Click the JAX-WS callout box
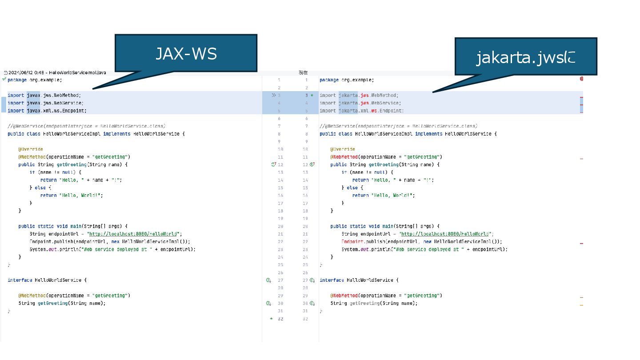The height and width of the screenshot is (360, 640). point(186,53)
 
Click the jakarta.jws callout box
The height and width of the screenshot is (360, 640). point(525,57)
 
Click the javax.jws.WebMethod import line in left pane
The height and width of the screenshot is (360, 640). point(44,95)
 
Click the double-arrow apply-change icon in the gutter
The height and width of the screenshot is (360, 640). point(274,95)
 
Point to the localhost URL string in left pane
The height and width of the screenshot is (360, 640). point(134,234)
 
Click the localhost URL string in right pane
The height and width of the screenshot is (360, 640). point(446,234)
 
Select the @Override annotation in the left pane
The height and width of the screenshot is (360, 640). point(31,149)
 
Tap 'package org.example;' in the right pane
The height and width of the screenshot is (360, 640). point(347,80)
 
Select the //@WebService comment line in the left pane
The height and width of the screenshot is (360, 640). point(86,126)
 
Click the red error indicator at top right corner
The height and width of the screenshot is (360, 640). point(581,79)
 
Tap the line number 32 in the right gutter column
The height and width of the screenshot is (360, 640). point(305,319)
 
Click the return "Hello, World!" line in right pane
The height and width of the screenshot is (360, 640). point(383,195)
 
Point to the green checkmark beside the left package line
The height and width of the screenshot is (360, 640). point(4,79)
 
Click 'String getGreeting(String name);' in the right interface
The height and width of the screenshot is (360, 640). point(374,303)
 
